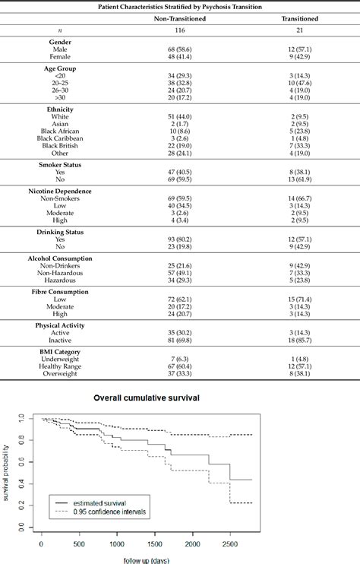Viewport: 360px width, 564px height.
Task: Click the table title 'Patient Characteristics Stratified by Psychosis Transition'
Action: coord(180,7)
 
